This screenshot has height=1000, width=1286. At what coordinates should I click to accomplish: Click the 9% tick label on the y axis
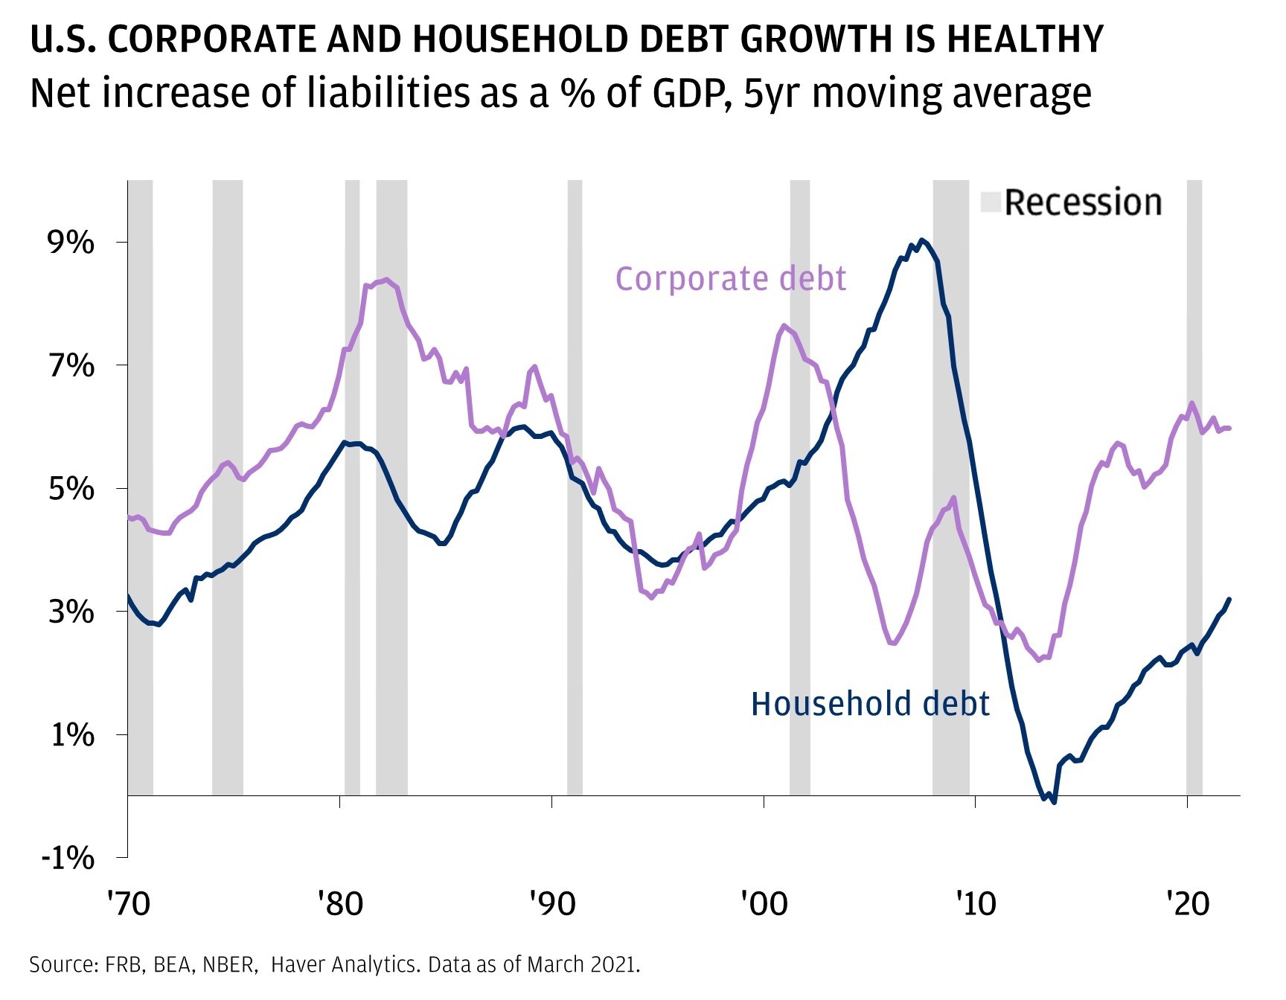point(72,243)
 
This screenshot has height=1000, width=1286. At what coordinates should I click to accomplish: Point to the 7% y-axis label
point(72,366)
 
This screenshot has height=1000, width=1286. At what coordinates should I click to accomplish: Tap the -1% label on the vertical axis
point(68,858)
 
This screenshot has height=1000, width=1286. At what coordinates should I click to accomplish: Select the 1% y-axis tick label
point(72,735)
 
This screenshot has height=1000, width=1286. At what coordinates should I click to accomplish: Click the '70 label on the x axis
point(128,903)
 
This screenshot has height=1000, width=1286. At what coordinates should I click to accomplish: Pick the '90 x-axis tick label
point(552,903)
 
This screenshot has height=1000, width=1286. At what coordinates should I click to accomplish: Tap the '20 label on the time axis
point(1187,903)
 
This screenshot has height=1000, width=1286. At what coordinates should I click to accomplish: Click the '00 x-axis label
point(764,903)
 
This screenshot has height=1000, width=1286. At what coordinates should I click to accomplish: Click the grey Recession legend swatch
point(991,202)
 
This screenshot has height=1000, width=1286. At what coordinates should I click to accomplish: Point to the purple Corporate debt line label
point(730,279)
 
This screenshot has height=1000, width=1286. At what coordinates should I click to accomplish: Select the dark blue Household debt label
point(870,704)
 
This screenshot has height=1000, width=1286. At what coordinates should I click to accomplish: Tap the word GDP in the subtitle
point(691,94)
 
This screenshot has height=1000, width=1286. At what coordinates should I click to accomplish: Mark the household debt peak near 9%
point(922,240)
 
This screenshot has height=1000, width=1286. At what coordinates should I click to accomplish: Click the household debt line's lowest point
point(1054,801)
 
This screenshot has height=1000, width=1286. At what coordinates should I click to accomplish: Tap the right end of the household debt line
point(1229,599)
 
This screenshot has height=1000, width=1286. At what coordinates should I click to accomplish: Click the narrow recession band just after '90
point(575,487)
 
